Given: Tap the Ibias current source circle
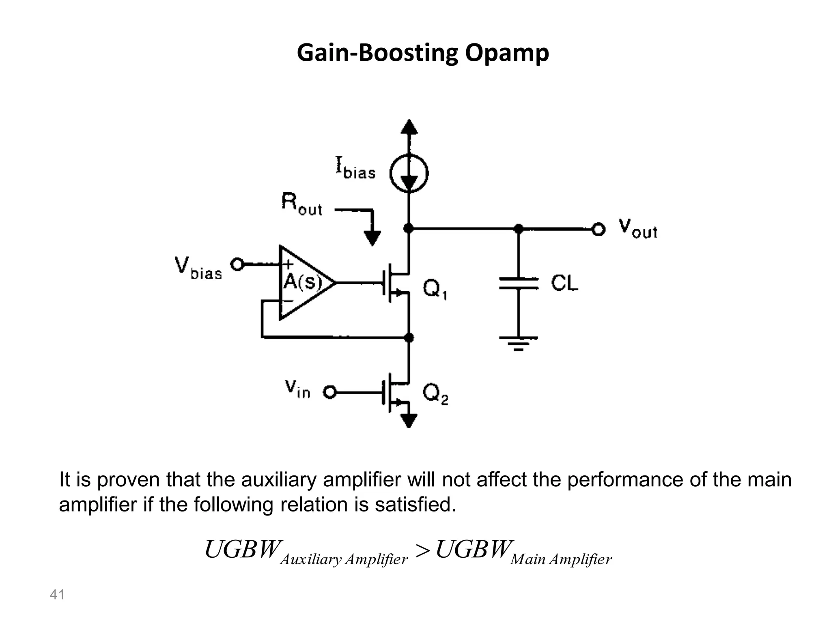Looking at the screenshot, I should pyautogui.click(x=409, y=174).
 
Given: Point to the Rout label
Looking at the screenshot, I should pyautogui.click(x=302, y=204).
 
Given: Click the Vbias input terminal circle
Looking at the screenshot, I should pyautogui.click(x=237, y=265).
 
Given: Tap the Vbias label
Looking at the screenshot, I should pyautogui.click(x=198, y=269).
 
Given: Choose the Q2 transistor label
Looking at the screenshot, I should pyautogui.click(x=435, y=394).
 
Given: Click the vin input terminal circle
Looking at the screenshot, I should pyautogui.click(x=329, y=393).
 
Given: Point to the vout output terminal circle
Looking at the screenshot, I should pyautogui.click(x=598, y=230).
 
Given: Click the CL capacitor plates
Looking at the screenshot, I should pyautogui.click(x=519, y=283).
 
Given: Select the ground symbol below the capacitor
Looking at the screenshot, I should pyautogui.click(x=519, y=343).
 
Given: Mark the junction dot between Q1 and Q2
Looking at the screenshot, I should pyautogui.click(x=409, y=337).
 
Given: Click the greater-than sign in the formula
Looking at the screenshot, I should pyautogui.click(x=422, y=551).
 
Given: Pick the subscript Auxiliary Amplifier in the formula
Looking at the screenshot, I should pyautogui.click(x=344, y=560).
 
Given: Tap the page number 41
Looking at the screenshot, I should pyautogui.click(x=57, y=595).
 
